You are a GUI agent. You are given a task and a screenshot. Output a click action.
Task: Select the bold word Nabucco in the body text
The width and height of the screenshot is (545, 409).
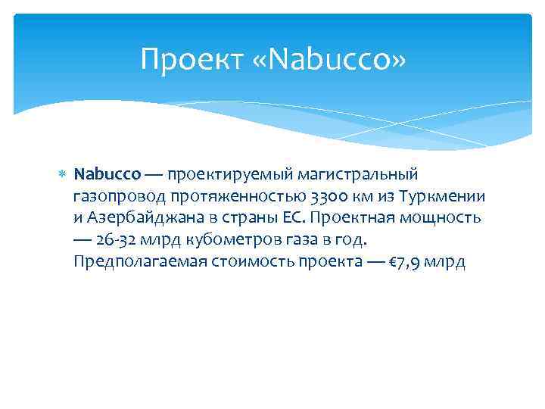pos(107,175)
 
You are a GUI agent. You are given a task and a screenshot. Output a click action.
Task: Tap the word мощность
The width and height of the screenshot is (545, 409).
pos(444,218)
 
